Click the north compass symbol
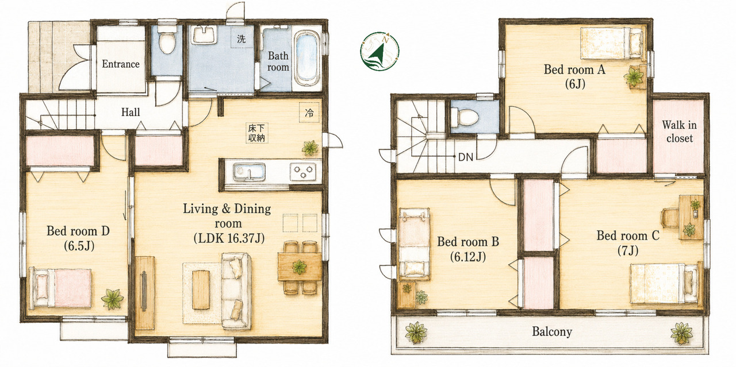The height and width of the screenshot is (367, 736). (x=379, y=51)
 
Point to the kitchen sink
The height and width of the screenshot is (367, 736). (x=249, y=172)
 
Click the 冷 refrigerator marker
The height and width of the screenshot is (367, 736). (x=309, y=113)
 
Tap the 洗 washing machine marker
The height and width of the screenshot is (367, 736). (x=241, y=38)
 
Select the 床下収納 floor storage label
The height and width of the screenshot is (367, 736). (x=256, y=133)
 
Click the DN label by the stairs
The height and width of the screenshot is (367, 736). (x=466, y=157)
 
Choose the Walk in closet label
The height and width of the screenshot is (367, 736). (x=679, y=132)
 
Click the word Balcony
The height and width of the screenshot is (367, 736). (x=552, y=331)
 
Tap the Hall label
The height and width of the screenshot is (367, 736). (x=131, y=112)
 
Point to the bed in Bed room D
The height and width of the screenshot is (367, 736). (x=60, y=288)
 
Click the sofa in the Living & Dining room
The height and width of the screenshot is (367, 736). (x=236, y=291)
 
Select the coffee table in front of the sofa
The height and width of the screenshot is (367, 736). (x=201, y=289)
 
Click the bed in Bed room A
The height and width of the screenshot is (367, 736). (x=611, y=44)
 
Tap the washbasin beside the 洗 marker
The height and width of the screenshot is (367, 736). (x=204, y=34)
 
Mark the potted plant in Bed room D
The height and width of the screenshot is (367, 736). (x=112, y=299)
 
